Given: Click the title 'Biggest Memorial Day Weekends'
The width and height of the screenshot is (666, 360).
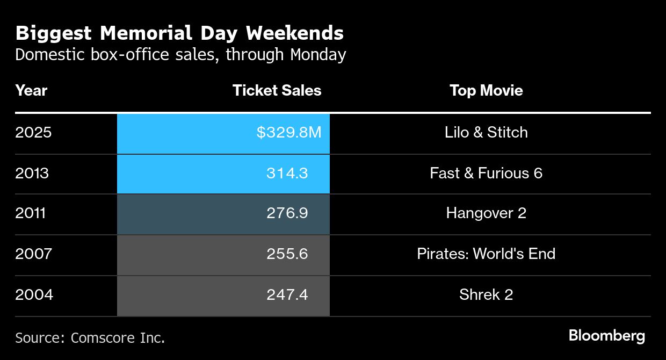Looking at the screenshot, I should point(179,33).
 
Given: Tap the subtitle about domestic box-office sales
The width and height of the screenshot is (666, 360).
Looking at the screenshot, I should point(180,55).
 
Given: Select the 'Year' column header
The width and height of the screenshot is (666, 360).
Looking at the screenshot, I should point(31,90).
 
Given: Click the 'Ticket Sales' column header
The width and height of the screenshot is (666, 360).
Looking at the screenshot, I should point(277,90).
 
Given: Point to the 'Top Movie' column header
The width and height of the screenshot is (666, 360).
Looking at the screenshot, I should point(486,90).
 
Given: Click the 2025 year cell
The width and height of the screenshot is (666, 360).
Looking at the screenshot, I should point(33,132).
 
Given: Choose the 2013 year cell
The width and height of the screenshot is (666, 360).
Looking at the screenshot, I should point(32,173).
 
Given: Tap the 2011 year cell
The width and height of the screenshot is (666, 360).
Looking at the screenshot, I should point(31,213).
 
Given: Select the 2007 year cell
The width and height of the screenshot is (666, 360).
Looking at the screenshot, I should point(33,254).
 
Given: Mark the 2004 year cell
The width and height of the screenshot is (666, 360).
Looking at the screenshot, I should point(34,294).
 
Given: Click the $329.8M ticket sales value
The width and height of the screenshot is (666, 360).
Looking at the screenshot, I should point(288,132).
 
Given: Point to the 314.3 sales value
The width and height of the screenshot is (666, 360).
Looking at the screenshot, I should point(287,173).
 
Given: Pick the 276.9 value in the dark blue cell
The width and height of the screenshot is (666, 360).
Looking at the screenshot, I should point(287,213).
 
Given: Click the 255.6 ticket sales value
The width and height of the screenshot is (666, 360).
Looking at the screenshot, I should point(287,254).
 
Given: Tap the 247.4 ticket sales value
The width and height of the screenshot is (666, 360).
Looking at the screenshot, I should point(287,294).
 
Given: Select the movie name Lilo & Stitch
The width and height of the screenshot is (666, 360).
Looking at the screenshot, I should point(486,132).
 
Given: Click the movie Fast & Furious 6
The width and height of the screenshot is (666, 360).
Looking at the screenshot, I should point(486,173).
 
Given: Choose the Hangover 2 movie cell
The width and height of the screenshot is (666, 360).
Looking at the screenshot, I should point(486,213).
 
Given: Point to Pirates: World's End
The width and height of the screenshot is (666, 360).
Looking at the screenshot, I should point(486,254).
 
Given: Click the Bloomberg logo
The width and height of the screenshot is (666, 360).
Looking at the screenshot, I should point(606,336).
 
